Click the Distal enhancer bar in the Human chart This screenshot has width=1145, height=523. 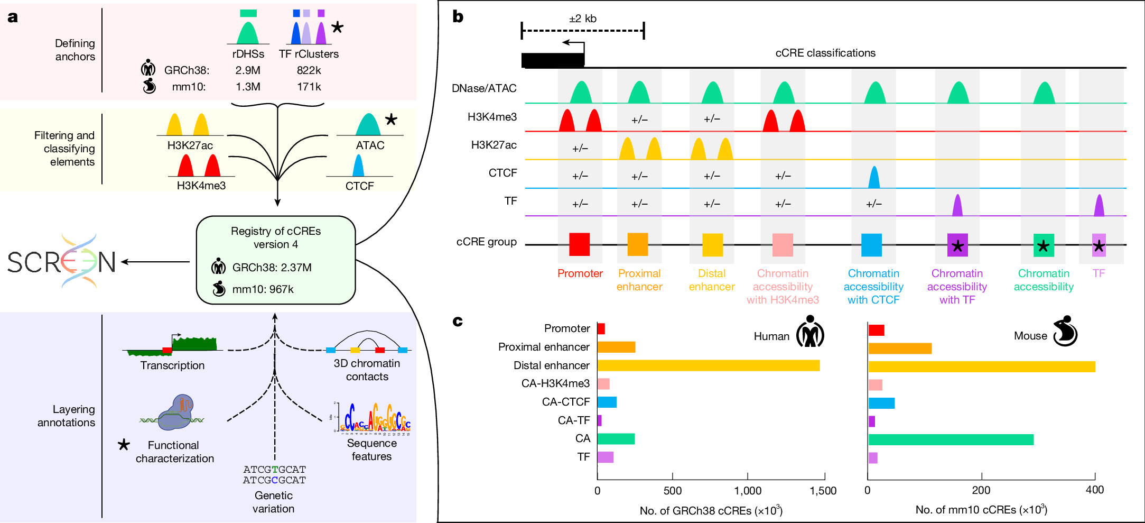tap(708, 365)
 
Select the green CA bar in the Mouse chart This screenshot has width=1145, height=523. tap(951, 439)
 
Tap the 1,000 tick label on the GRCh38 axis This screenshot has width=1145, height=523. tap(748, 491)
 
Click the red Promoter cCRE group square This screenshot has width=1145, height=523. tap(579, 245)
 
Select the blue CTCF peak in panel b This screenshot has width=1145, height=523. tap(874, 178)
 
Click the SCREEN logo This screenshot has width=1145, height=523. tap(62, 262)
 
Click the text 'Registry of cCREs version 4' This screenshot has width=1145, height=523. tap(276, 237)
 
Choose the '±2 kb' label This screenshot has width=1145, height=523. tap(582, 19)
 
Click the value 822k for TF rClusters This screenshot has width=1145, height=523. tap(309, 70)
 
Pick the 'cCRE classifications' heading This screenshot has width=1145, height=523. tap(825, 53)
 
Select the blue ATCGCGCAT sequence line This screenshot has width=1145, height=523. tap(274, 480)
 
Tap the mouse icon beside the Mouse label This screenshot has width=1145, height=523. tap(1065, 332)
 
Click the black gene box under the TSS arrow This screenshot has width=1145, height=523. tap(553, 60)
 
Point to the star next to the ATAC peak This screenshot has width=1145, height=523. tap(391, 120)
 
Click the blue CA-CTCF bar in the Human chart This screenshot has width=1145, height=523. tap(607, 402)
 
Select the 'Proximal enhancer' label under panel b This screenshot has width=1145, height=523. tap(639, 280)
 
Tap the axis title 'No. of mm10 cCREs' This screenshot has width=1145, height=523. tap(981, 510)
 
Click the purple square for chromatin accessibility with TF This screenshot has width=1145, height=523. tap(957, 245)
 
